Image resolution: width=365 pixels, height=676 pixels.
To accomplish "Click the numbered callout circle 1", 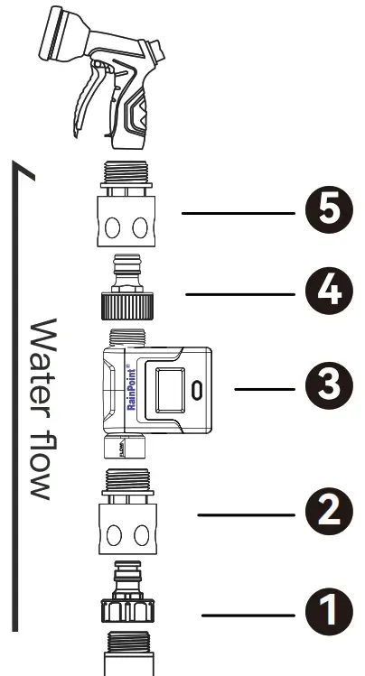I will point(326,614).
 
